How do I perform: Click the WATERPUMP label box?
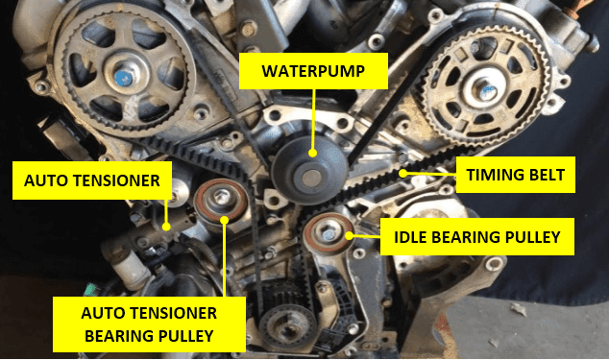tap(313, 71)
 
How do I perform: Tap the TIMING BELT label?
tap(516, 175)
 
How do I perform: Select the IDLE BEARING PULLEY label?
tap(477, 236)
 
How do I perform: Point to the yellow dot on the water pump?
tap(312, 154)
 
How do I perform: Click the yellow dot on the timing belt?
tap(404, 173)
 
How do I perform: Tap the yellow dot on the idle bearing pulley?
tap(349, 235)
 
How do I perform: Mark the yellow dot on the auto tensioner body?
tap(166, 227)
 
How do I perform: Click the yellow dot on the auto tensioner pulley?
tap(224, 220)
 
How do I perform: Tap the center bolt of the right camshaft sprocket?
tap(487, 92)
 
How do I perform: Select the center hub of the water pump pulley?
tap(311, 179)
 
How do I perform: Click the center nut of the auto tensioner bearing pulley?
tap(221, 198)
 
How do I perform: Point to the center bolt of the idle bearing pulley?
tap(329, 234)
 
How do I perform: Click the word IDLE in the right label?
tap(410, 237)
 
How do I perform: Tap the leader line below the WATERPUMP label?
tap(313, 120)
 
